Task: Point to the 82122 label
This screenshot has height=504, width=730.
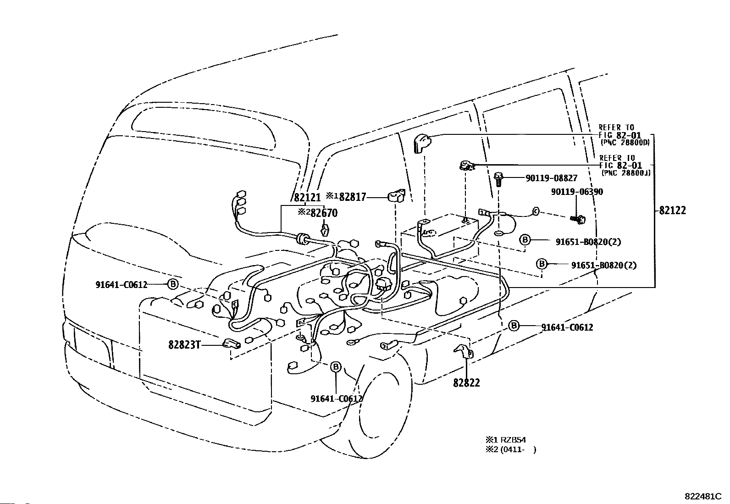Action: [x=673, y=210]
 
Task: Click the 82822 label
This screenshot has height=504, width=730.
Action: [x=466, y=382]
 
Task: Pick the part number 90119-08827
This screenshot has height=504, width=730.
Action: [x=545, y=178]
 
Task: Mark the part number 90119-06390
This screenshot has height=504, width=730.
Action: [x=577, y=192]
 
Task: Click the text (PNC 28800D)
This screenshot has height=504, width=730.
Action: [x=625, y=143]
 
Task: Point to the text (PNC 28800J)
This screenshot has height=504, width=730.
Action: [x=625, y=172]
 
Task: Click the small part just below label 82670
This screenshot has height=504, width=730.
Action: [x=325, y=229]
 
